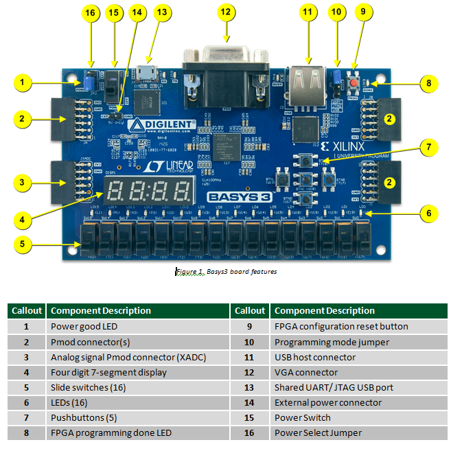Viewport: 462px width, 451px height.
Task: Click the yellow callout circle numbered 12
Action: click(x=226, y=12)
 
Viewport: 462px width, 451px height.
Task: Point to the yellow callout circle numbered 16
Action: click(x=90, y=12)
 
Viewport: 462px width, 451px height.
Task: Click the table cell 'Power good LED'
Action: click(x=138, y=327)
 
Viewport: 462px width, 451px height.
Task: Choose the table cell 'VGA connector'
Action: click(x=359, y=372)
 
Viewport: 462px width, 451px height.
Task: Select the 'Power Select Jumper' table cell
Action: click(x=359, y=432)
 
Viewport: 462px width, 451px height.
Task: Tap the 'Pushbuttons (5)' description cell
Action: click(x=138, y=417)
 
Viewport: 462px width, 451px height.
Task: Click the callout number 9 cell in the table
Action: click(x=250, y=327)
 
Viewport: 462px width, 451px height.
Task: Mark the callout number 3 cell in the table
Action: click(x=26, y=357)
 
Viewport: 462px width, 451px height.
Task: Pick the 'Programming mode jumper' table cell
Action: click(x=359, y=342)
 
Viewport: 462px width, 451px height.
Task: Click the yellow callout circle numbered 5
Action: click(x=23, y=243)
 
